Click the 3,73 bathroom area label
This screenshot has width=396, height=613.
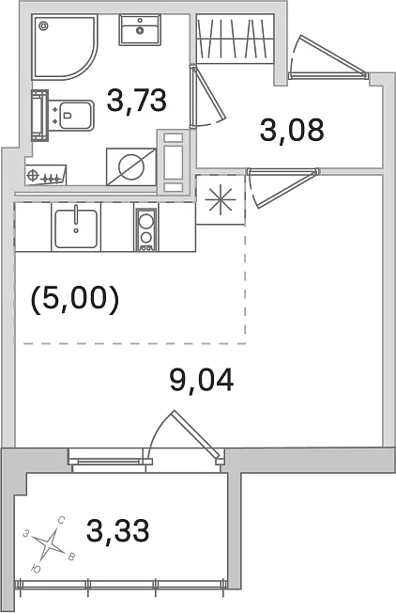137,100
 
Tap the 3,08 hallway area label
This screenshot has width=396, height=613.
292,130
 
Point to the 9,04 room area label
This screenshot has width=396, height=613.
202,380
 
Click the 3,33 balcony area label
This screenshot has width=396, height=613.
118,530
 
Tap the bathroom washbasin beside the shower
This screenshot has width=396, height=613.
140,30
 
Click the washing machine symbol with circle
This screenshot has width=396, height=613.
131,166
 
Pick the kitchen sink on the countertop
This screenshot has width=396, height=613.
76,228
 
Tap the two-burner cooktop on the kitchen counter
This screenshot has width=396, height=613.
145,229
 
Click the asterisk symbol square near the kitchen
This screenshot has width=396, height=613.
221,199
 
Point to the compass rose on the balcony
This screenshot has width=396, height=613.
50,543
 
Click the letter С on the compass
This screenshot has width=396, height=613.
61,520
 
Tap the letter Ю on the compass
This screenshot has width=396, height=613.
36,569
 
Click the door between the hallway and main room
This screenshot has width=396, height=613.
283,187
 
